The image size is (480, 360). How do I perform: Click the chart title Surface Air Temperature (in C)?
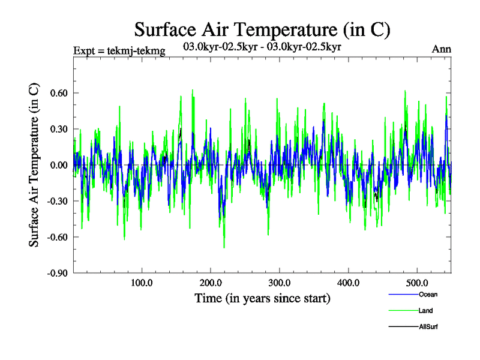point(262,29)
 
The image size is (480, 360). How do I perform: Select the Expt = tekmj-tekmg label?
point(119,50)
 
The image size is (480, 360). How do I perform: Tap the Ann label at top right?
point(442,49)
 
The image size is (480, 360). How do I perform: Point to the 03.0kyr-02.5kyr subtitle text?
point(262,46)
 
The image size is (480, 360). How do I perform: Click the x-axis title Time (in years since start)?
point(262,298)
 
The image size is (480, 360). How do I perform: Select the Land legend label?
point(425,311)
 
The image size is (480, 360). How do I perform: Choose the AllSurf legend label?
point(428,327)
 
